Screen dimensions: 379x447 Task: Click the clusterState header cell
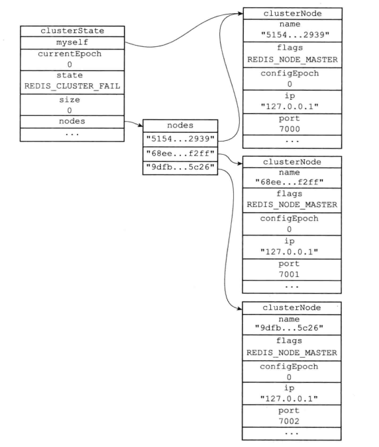(x=72, y=31)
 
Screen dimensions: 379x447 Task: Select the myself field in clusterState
(x=72, y=43)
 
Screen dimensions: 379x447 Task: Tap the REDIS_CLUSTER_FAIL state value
(x=72, y=86)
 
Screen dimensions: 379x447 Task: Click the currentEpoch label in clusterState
(x=70, y=54)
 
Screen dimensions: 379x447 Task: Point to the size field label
(x=70, y=100)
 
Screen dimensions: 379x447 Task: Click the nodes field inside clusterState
(x=72, y=122)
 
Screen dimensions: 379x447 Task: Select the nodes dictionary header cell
(x=180, y=126)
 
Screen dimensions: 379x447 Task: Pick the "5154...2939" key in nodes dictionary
(x=180, y=140)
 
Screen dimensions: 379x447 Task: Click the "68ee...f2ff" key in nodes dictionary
(x=180, y=154)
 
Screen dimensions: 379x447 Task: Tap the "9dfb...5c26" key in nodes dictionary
(x=180, y=168)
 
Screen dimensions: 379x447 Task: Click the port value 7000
(x=290, y=129)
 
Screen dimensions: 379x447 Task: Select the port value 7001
(x=289, y=274)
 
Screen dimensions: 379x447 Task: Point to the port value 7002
(x=289, y=421)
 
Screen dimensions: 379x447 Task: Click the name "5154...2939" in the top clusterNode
(x=296, y=35)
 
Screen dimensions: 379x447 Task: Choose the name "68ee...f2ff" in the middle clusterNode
(x=290, y=182)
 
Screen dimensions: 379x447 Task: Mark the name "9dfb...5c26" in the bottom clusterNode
(x=289, y=328)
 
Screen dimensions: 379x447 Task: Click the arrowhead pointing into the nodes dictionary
(x=140, y=125)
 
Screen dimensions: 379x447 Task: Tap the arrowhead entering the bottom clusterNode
(x=239, y=308)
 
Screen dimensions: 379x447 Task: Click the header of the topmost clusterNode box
(x=292, y=14)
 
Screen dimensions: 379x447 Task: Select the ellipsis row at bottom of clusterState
(x=72, y=134)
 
